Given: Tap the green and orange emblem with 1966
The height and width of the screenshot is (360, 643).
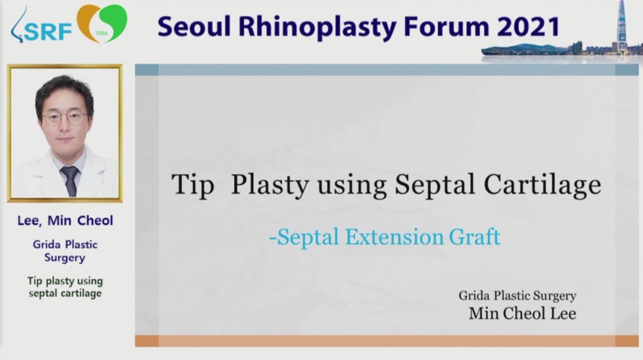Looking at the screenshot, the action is click(102, 23).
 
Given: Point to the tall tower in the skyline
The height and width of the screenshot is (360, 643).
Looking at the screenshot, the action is click(622, 26).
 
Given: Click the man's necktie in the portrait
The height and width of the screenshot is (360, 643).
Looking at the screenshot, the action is click(69, 181).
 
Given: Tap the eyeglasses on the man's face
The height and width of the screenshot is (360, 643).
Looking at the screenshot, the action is click(65, 118).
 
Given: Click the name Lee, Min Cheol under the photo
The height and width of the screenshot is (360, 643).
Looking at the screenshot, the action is click(65, 221).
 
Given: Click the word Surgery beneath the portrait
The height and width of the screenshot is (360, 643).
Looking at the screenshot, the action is click(65, 258).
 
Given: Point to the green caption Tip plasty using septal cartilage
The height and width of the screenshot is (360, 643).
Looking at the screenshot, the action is click(65, 287).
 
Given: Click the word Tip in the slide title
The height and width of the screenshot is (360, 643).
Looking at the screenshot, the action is click(193, 185).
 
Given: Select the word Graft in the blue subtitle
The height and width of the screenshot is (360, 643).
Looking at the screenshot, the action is click(475, 237).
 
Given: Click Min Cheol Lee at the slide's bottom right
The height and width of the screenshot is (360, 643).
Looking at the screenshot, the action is click(522, 313).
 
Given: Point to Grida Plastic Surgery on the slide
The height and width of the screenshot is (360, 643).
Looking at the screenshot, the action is click(518, 296).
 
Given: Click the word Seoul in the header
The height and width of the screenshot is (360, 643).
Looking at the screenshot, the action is click(194, 26).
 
